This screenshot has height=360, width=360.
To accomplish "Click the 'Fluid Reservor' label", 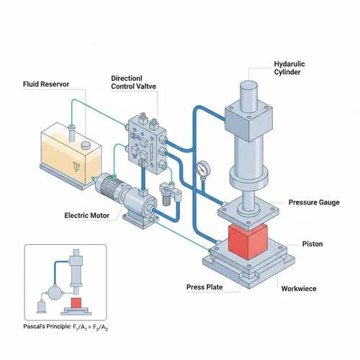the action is coord(46,84).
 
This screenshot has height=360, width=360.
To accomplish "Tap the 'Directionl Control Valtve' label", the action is coord(133,82).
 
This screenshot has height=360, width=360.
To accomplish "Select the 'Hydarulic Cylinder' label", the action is coord(289,68).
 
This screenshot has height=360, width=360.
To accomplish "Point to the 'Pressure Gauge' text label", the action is coord(314,202).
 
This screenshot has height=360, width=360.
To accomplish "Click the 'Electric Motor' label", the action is coord(87,215).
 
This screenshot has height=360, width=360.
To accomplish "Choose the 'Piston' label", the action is coord(312,244).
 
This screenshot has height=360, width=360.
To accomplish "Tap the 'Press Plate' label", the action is coord(204,287).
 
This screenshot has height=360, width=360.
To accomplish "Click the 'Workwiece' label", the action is coord(299,289).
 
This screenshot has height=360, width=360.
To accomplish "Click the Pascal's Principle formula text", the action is coord(66,327).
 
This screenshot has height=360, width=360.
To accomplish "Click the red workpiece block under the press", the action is coord(248,242).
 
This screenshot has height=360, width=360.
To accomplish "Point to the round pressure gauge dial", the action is coord(203,169).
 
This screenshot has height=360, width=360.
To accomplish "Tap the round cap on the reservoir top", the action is coord(86,145).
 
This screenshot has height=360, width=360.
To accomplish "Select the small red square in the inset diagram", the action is coord(76,302).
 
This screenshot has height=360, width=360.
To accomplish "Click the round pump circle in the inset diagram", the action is coord(55,292).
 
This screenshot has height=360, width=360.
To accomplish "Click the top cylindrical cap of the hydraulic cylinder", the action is coord(249,96).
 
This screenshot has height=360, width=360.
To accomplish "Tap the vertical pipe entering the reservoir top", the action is coord(71,134).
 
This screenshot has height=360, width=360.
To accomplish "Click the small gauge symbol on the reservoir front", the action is coord(76,166).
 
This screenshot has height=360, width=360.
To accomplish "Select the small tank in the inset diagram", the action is coord(41,307).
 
